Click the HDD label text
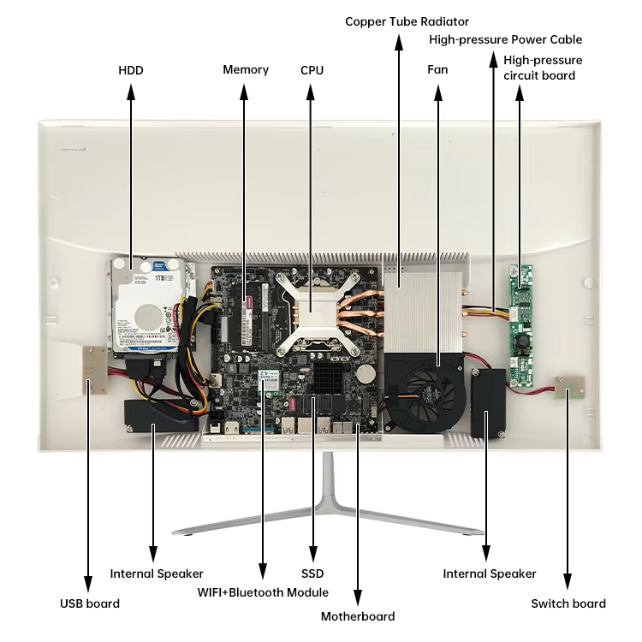coord(130,70)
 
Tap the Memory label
coord(246,70)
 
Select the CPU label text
coord(312,70)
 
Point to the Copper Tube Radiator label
coord(407,21)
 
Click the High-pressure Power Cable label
coord(505,39)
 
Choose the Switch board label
coord(568,603)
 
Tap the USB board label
coord(90,603)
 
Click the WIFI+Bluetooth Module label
coord(263,592)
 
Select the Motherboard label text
coord(358,616)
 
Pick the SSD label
coord(312,574)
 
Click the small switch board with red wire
coord(567,389)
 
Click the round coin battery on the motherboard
coord(366,374)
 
